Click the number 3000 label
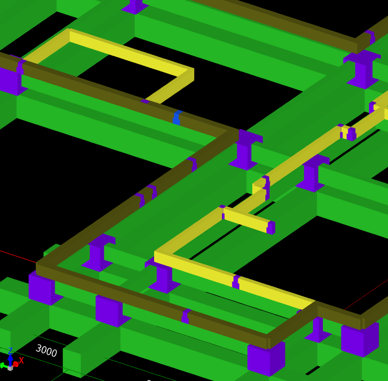(x=46, y=351)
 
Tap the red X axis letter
(x=21, y=360)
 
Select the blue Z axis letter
(x=10, y=351)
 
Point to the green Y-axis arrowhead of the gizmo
(x=3, y=366)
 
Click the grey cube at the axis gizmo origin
(x=10, y=368)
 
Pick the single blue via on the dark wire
(x=177, y=118)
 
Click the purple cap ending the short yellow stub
(x=271, y=227)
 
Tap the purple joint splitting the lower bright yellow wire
(x=236, y=282)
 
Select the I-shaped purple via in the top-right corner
(x=362, y=69)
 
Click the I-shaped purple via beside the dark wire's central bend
(x=245, y=150)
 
